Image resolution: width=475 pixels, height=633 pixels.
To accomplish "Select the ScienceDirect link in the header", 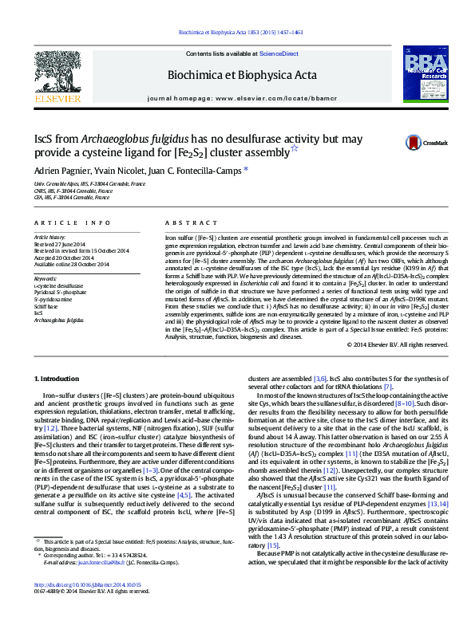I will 279,53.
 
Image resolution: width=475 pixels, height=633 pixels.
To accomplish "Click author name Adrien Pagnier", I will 61,170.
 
